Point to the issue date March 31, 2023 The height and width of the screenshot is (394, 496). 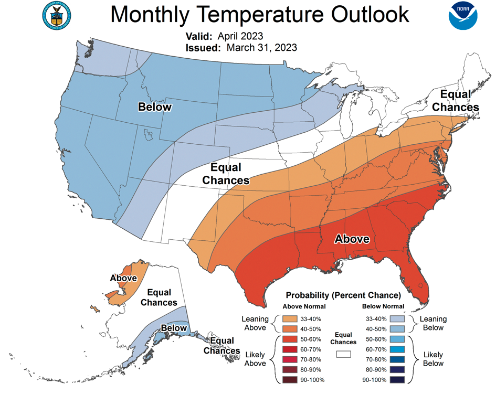(262, 48)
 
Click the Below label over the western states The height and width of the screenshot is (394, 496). (154, 107)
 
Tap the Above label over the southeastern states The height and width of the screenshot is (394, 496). (352, 239)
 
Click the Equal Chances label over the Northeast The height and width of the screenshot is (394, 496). (459, 101)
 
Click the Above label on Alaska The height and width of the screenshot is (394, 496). (123, 278)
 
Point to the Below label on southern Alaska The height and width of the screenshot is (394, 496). (174, 328)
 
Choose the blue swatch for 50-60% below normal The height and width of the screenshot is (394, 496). (397, 339)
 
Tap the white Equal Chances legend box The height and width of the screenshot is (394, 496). (344, 354)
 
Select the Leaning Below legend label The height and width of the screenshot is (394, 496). (433, 323)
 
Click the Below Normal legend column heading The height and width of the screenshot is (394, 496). (383, 306)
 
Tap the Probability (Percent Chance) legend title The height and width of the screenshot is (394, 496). (343, 295)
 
